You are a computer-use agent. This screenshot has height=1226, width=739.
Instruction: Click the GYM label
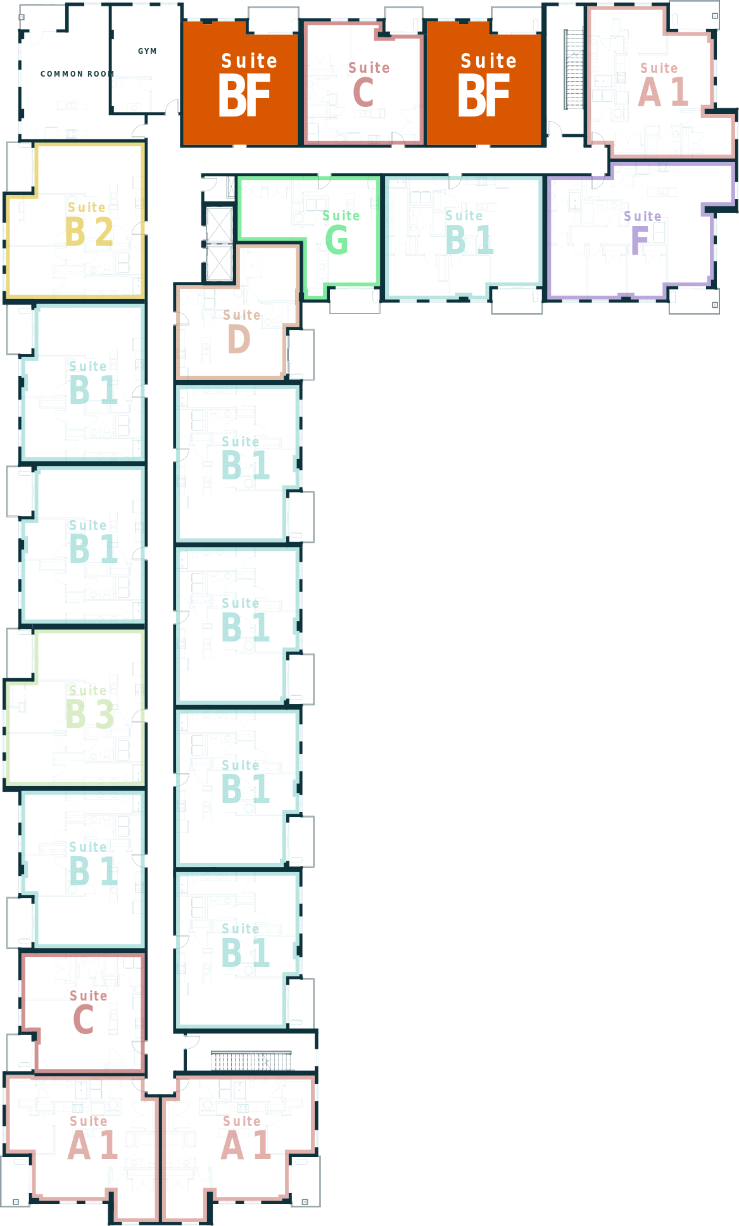pos(147,51)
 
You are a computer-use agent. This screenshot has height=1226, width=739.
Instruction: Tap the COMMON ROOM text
pos(77,74)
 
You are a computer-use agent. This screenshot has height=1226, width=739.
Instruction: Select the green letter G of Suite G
pos(336,240)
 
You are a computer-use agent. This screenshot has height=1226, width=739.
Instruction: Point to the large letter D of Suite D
pos(239,339)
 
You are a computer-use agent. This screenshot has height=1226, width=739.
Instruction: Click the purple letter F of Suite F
pos(640,241)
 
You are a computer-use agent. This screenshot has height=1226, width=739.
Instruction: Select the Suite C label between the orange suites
pos(369,85)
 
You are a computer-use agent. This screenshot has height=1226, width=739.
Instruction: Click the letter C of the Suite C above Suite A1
pos(84,1020)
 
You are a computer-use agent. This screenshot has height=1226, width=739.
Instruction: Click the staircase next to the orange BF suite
pos(574,70)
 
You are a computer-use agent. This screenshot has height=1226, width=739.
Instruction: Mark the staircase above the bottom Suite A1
pos(251,1061)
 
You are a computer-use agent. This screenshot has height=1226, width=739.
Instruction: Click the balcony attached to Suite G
pos(355,300)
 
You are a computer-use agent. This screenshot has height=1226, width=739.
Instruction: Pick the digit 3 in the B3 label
pos(104,714)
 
